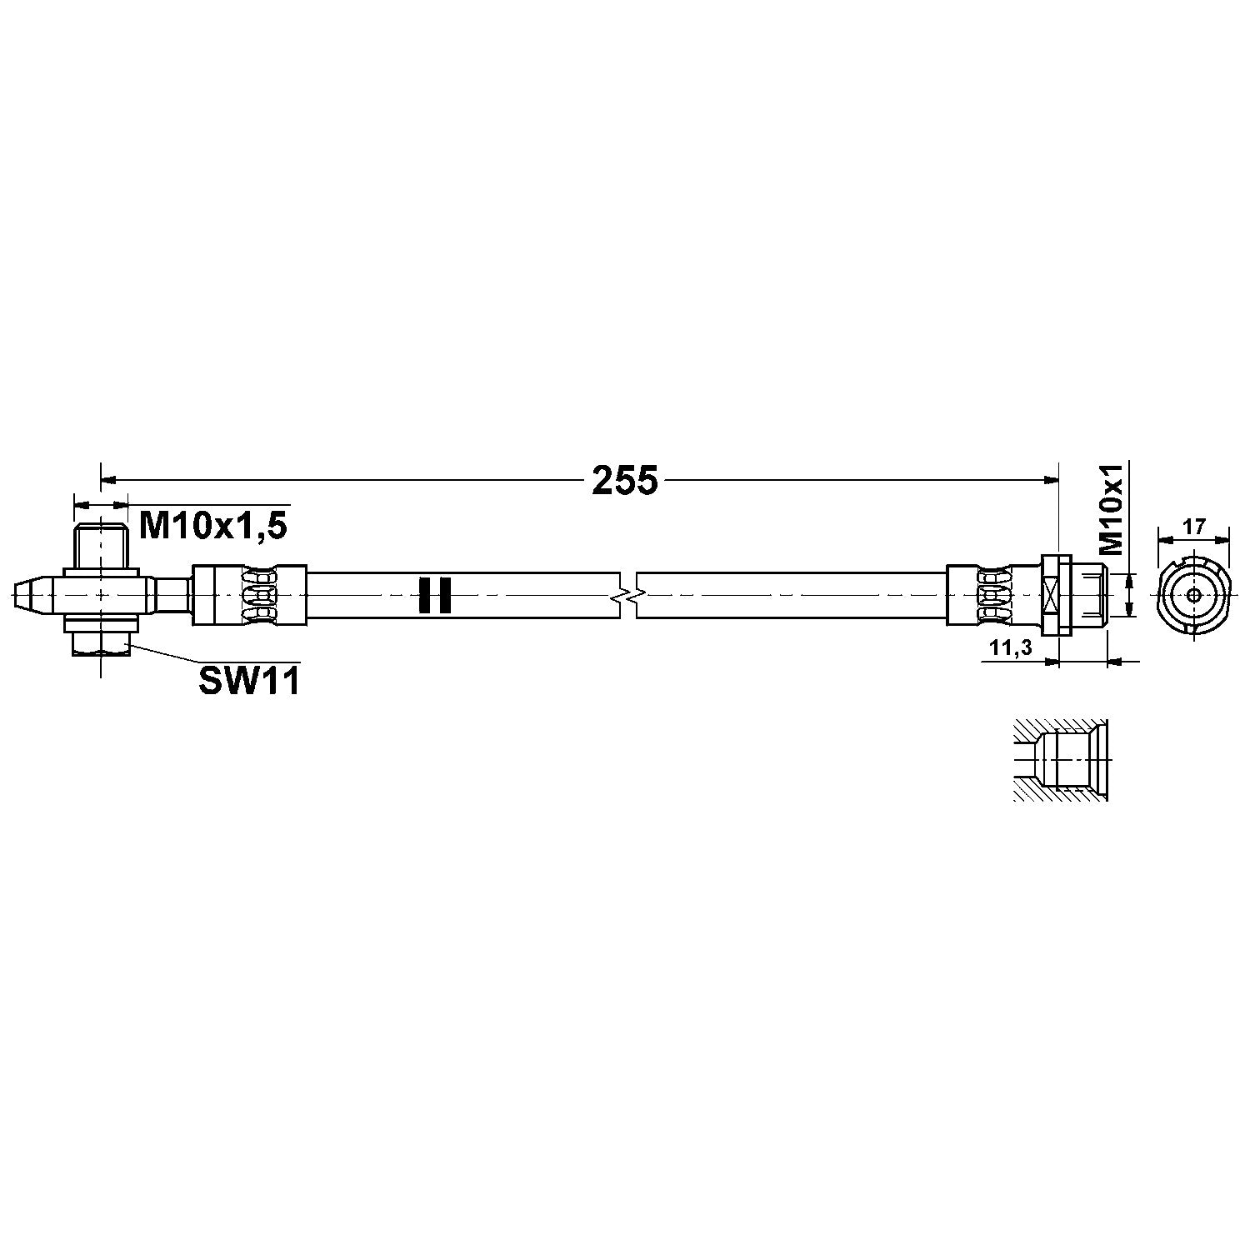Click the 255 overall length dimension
(625, 481)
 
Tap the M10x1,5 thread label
(213, 526)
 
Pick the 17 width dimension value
(1193, 527)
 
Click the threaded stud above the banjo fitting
(101, 543)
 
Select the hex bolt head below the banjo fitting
(101, 642)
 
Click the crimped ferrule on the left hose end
(249, 595)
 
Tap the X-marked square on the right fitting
(1051, 595)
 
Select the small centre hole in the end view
(1193, 594)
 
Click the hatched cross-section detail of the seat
(1060, 760)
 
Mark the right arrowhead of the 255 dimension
(1052, 479)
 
